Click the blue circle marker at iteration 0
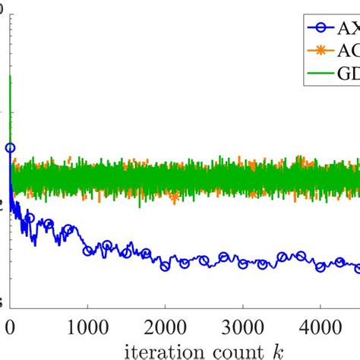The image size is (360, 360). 10,148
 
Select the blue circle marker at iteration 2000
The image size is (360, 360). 165,266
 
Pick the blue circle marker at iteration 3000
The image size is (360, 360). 242,264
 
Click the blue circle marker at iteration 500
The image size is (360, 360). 49,224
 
